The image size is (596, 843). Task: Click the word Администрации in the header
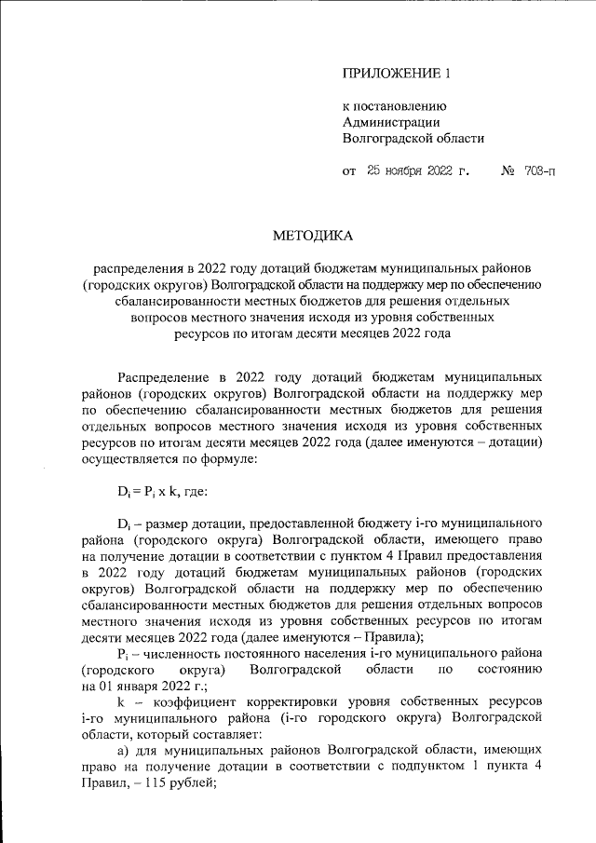392,121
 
